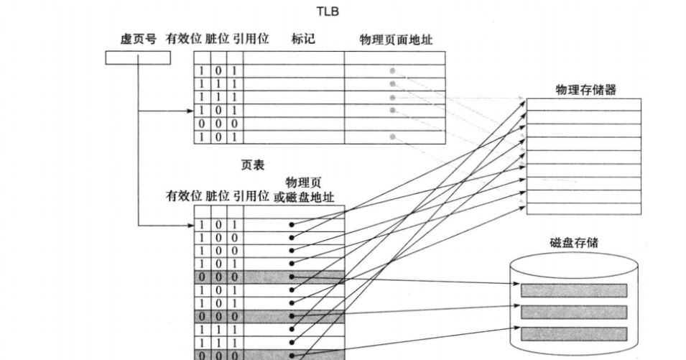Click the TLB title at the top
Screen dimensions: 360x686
327,11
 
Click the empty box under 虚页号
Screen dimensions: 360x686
138,57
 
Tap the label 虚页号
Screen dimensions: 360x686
138,39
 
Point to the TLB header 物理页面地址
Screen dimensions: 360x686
396,39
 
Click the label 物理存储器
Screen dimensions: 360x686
585,90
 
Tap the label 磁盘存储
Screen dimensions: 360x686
573,243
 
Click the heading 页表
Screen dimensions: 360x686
252,165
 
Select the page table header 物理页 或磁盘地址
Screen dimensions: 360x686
304,190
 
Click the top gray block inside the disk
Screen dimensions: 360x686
573,290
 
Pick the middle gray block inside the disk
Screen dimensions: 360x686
573,312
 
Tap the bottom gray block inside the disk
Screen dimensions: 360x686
573,334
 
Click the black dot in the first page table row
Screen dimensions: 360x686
292,225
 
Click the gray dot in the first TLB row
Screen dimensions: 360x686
392,71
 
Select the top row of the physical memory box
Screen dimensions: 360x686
583,105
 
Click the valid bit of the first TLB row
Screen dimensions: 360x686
203,71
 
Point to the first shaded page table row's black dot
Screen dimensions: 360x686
292,277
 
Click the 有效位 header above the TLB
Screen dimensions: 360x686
183,39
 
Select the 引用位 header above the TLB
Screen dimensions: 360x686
252,39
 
